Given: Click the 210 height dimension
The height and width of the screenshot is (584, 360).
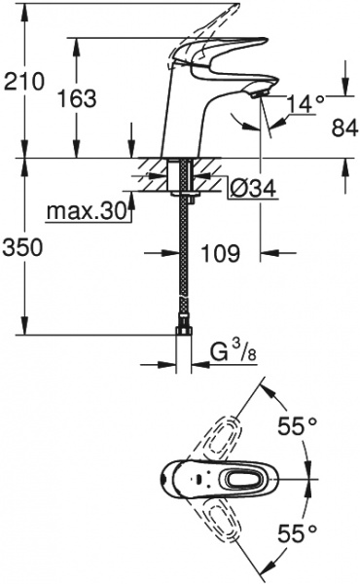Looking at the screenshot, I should [24, 81].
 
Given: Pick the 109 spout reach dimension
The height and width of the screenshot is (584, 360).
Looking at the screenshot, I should [222, 254].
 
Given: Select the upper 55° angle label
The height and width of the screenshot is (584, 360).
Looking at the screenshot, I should [298, 425].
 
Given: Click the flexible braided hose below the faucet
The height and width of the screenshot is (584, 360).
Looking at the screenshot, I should [182, 263].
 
